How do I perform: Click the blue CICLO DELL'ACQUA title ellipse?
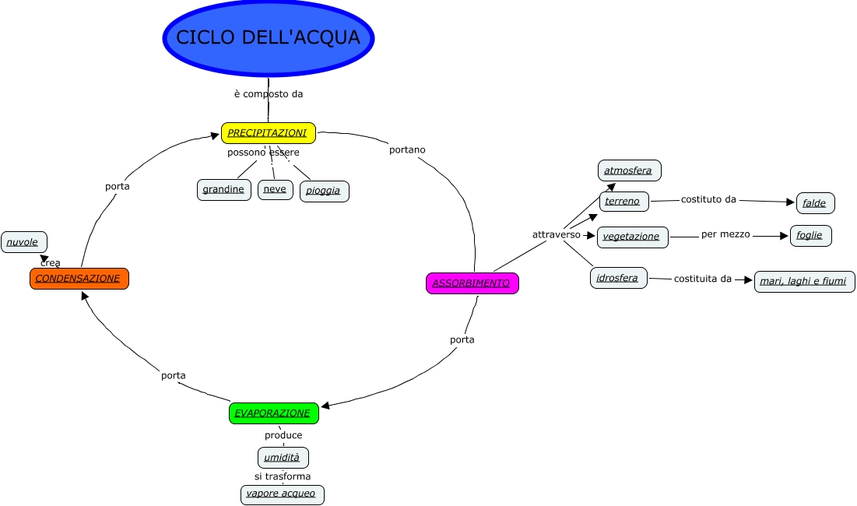269,37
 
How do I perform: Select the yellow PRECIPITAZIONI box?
269,133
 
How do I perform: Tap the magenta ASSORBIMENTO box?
472,283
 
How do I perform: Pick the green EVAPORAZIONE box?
273,413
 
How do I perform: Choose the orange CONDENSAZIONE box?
79,279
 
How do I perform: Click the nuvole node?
23,242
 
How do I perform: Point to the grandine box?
223,189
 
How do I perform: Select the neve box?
275,189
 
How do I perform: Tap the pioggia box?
324,191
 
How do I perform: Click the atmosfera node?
629,170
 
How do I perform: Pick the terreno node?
623,201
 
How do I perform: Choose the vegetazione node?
632,237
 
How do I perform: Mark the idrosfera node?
618,278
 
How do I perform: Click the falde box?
815,203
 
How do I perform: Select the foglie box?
810,235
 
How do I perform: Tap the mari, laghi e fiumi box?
804,281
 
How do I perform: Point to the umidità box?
283,457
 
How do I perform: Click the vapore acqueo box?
282,494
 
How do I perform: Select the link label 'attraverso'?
557,234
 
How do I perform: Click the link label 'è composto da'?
269,94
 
